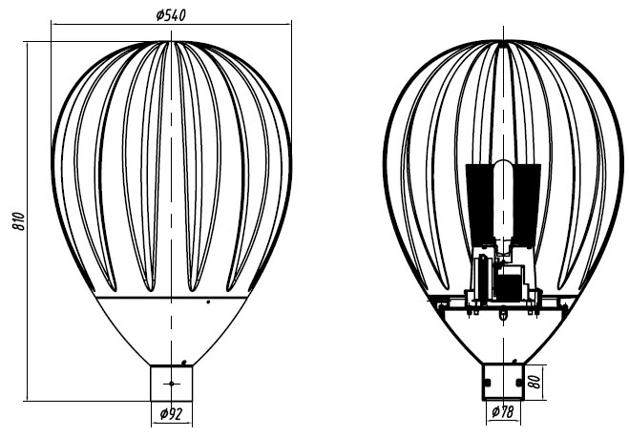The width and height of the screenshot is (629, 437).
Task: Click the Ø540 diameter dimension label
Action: click(x=171, y=15)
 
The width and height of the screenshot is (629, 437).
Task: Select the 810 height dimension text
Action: click(x=18, y=221)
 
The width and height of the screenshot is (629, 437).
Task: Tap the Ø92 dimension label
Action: click(x=171, y=413)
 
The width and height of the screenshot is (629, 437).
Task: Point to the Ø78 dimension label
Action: click(x=503, y=411)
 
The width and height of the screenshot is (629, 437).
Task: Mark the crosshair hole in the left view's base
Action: click(x=171, y=384)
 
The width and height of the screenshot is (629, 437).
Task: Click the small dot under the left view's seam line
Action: click(x=208, y=302)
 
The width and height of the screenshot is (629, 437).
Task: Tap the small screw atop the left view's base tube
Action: click(x=183, y=363)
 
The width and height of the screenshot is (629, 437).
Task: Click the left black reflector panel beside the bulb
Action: click(x=480, y=204)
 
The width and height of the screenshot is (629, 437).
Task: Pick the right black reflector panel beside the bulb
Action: click(x=526, y=204)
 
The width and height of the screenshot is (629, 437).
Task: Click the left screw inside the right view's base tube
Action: click(x=487, y=383)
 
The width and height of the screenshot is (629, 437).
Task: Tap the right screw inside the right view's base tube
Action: click(x=519, y=383)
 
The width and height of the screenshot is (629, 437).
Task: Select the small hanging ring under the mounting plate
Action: click(x=503, y=315)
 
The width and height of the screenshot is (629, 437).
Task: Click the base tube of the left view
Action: click(x=171, y=383)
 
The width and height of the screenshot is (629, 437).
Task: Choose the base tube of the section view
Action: click(x=503, y=382)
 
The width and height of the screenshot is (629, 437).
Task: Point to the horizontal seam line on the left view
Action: click(x=172, y=298)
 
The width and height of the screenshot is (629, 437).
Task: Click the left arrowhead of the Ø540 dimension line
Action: click(x=54, y=25)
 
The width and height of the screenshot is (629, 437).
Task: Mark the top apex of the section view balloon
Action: click(x=503, y=40)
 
